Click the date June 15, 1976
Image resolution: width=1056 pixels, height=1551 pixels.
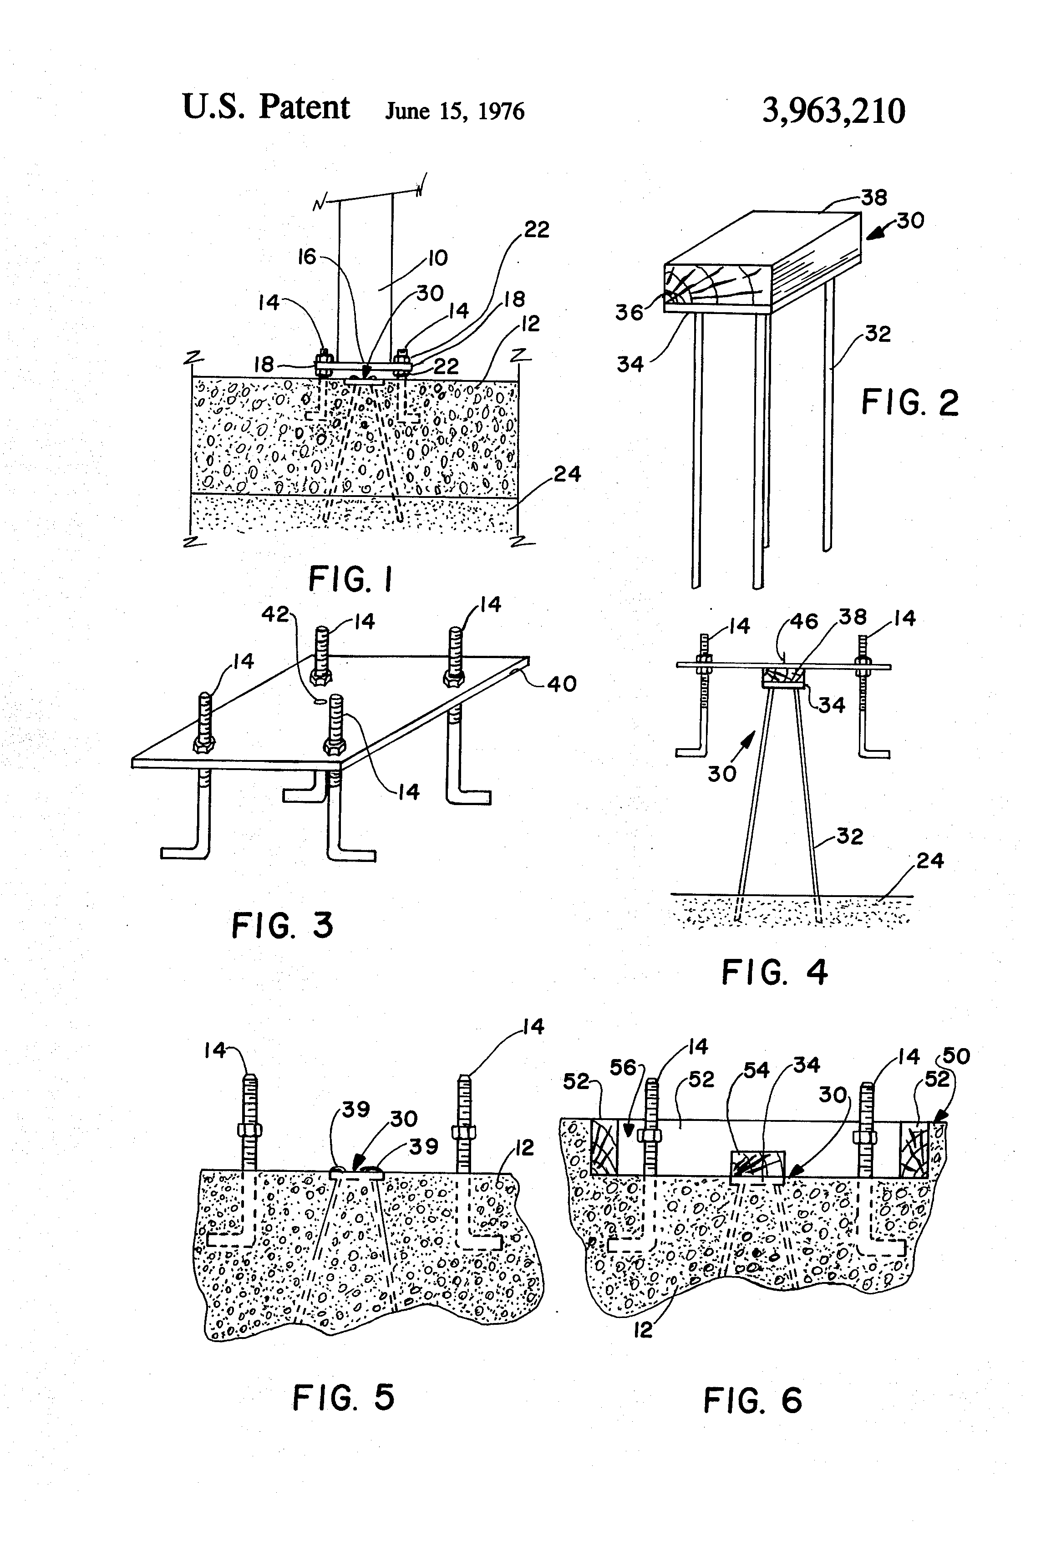pyautogui.click(x=455, y=111)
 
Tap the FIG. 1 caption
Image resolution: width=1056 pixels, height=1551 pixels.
pyautogui.click(x=351, y=578)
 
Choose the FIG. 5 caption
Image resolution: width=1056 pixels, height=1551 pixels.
pyautogui.click(x=344, y=1397)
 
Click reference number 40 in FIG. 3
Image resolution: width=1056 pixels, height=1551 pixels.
pyautogui.click(x=561, y=684)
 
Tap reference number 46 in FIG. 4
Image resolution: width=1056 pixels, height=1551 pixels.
pyautogui.click(x=804, y=622)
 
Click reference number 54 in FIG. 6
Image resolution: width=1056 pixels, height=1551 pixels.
pyautogui.click(x=756, y=1070)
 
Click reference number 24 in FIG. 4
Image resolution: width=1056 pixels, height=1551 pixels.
pyautogui.click(x=930, y=861)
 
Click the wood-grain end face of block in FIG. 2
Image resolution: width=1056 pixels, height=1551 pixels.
pyautogui.click(x=717, y=285)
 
